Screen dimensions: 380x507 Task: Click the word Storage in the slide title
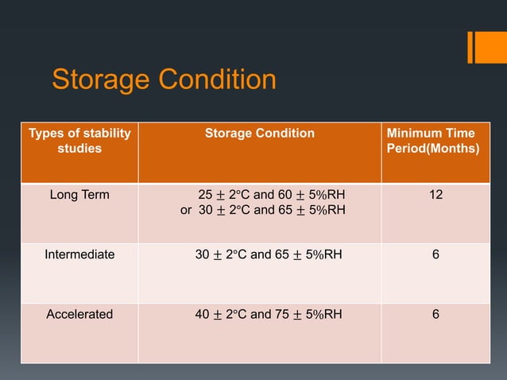[99, 80]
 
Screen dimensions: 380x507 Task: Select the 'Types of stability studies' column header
[79, 141]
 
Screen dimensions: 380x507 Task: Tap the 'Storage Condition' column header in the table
[260, 134]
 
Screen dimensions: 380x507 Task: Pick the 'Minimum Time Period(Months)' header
[432, 141]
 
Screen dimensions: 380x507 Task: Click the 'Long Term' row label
[79, 195]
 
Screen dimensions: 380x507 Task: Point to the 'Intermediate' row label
[79, 255]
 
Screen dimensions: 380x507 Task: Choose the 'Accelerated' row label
[79, 314]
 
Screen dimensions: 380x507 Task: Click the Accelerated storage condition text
[269, 314]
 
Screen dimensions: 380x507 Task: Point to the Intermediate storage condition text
[269, 255]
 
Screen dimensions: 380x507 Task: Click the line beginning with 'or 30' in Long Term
[262, 211]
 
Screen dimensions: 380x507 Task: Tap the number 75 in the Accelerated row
[283, 314]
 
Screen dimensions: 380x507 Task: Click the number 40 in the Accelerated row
[203, 314]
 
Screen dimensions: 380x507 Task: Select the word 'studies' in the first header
[79, 149]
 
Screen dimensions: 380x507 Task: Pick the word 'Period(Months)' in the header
[432, 149]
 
